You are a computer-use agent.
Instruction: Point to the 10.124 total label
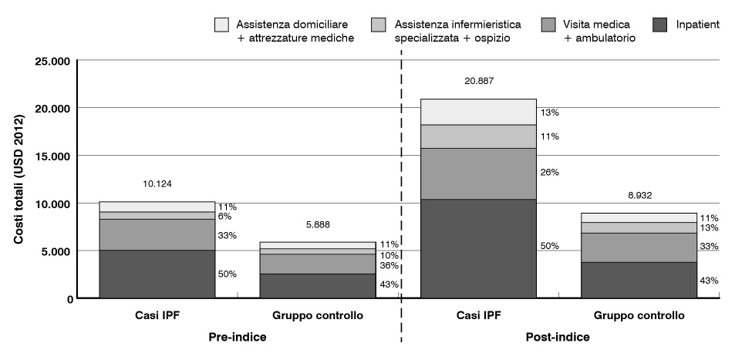[158, 184]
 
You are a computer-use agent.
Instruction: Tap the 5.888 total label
[317, 225]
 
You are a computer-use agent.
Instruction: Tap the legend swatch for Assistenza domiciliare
[222, 25]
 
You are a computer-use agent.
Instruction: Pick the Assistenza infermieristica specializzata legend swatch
[379, 25]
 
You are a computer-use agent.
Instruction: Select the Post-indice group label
[558, 337]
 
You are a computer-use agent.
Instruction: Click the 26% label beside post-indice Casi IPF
[549, 173]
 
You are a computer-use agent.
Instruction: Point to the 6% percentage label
[224, 217]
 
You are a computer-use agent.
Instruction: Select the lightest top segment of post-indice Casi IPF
[478, 112]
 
